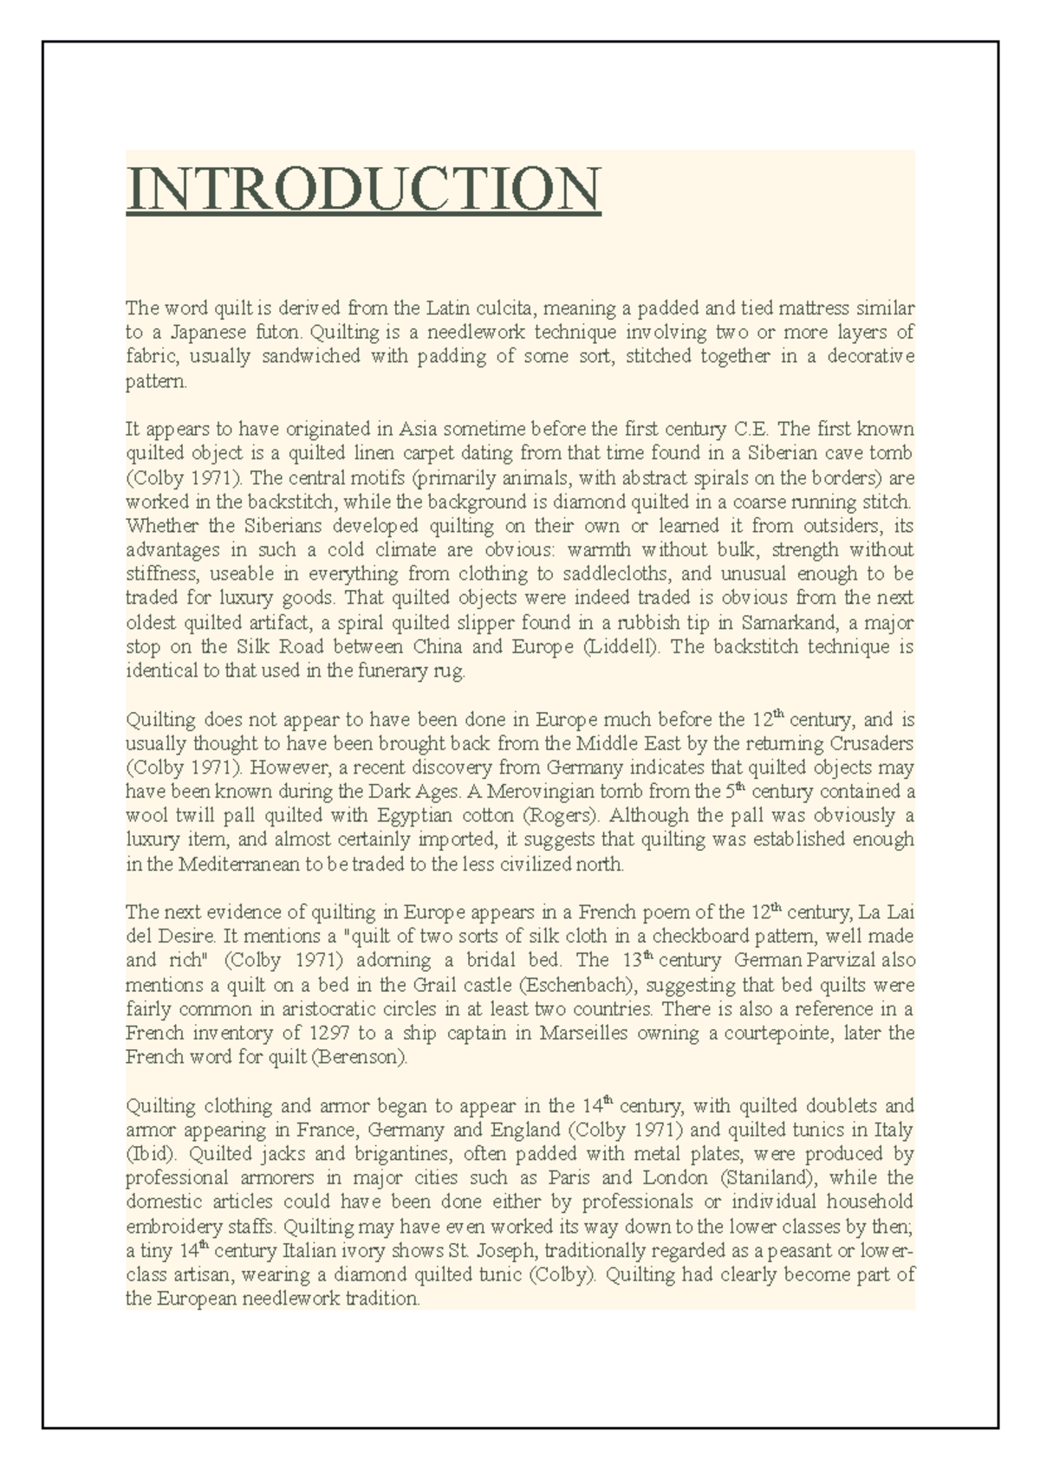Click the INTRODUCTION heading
(363, 189)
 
